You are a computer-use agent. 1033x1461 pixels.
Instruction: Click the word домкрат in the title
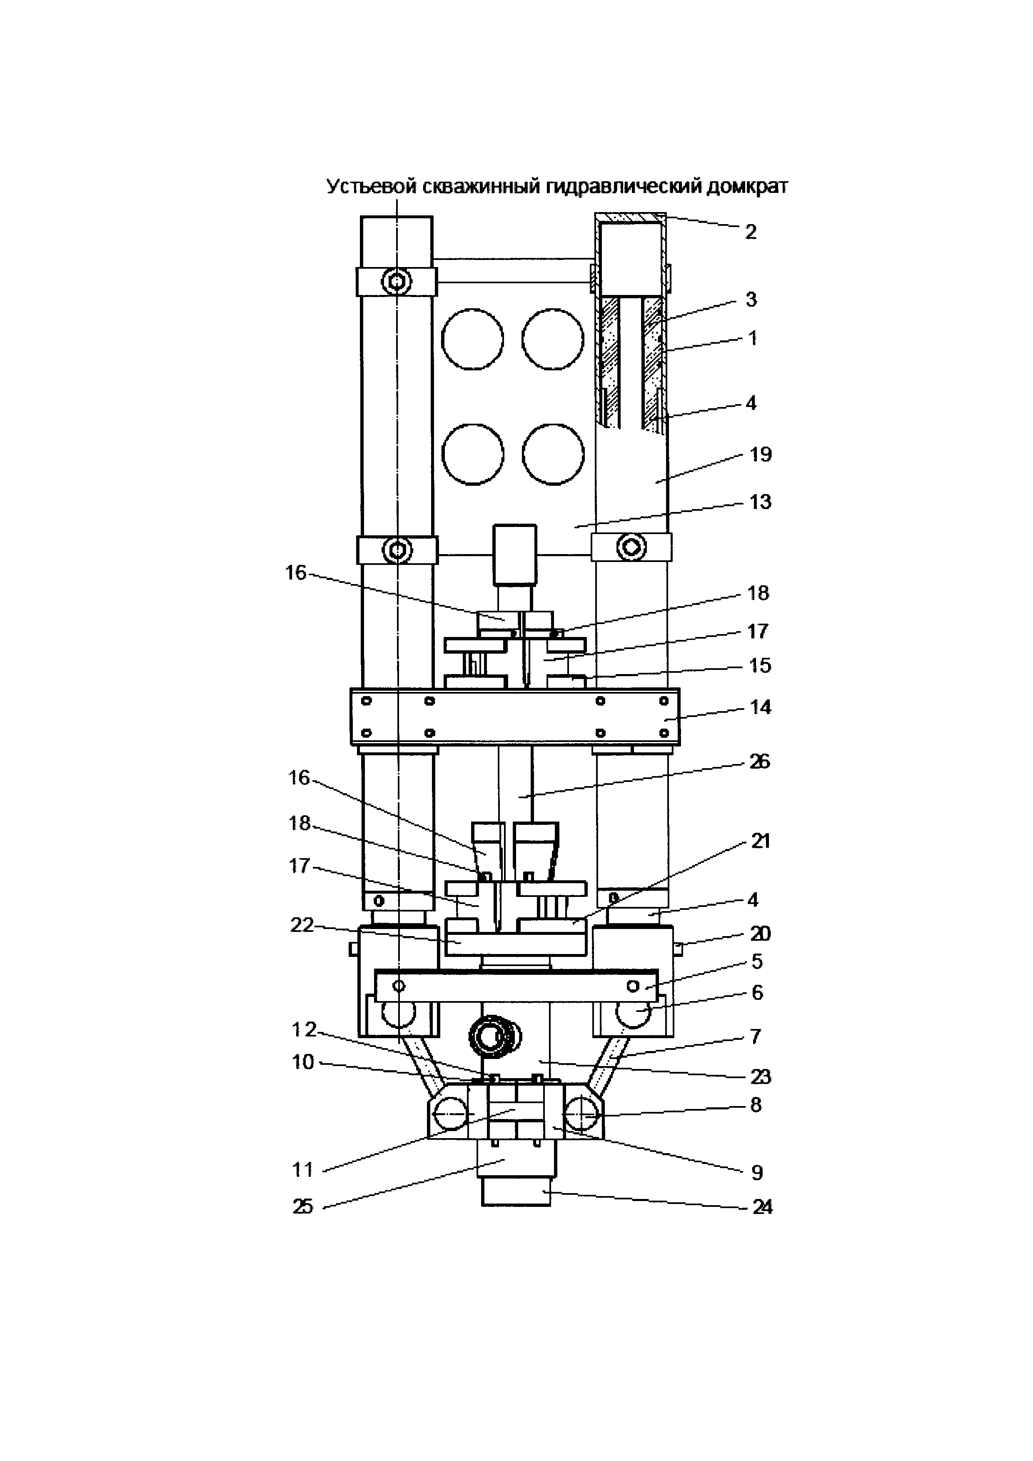tap(743, 187)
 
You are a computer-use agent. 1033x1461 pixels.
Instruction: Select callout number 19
tap(761, 455)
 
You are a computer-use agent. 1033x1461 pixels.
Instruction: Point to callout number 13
tap(761, 502)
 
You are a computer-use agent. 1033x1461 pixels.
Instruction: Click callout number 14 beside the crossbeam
tap(761, 707)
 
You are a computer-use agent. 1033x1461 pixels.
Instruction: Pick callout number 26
tap(759, 762)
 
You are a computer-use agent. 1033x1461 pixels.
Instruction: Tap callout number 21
tap(761, 841)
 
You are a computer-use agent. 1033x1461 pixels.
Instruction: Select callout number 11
tap(303, 1169)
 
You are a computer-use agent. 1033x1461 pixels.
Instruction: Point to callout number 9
tap(757, 1172)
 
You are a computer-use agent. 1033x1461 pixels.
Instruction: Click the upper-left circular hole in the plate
tap(473, 339)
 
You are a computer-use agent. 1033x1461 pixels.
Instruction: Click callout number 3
tap(751, 299)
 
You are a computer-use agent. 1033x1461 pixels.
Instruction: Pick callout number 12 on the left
tap(304, 1029)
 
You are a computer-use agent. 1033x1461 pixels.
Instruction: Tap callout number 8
tap(756, 1105)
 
